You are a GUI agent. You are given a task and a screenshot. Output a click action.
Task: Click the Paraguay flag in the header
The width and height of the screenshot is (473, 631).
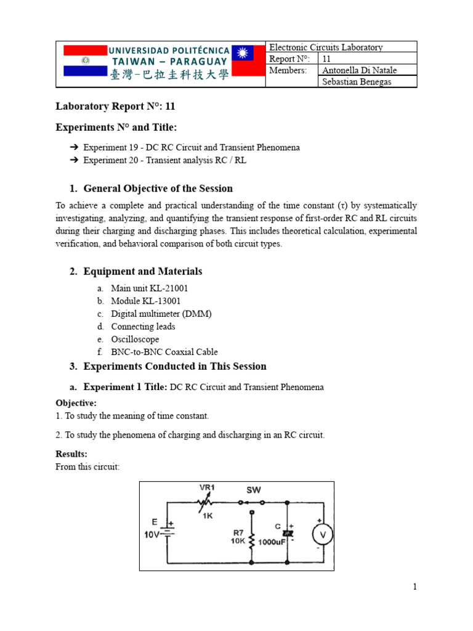pos(85,61)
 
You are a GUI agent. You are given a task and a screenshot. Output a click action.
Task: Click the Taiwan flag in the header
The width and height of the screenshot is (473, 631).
pos(247,61)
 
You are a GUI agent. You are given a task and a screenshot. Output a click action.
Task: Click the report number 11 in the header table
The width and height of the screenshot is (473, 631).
pos(327,59)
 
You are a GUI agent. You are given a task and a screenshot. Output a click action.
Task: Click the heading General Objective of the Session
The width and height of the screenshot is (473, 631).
pos(158,189)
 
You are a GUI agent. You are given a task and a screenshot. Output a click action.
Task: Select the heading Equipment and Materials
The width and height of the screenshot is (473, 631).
pos(142,271)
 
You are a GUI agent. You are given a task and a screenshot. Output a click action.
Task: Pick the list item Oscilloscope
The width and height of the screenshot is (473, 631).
pos(135,339)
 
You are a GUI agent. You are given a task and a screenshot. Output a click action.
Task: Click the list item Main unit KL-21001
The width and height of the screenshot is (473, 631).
pos(149,288)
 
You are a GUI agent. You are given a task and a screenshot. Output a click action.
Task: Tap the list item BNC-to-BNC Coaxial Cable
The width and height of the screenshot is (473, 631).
pos(164,352)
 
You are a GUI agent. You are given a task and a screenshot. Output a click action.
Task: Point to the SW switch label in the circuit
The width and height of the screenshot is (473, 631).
pos(254,490)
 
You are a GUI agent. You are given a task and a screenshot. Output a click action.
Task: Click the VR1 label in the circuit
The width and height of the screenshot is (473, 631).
pos(208,487)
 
